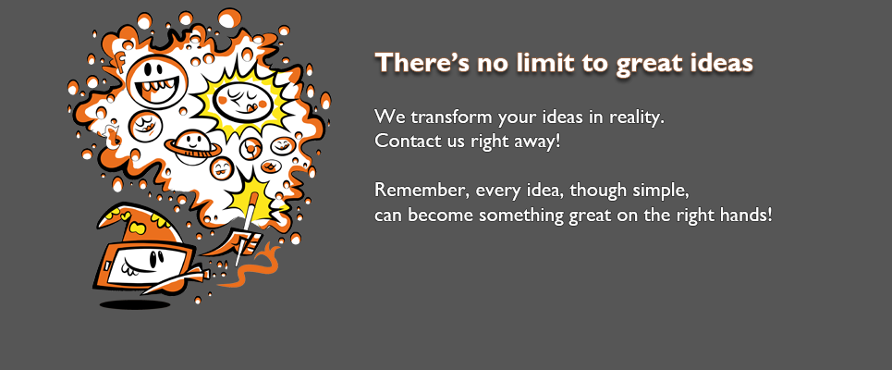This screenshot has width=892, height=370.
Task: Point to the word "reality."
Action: click(637, 118)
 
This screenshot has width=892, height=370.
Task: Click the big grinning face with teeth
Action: click(157, 82)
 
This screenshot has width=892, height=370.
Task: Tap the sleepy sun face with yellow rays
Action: click(243, 102)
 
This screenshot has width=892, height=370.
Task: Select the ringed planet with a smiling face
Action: click(193, 147)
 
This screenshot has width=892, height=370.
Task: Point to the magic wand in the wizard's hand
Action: click(245, 230)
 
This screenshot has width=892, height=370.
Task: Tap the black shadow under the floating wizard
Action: click(135, 305)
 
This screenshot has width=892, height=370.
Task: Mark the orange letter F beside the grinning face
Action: click(119, 61)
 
